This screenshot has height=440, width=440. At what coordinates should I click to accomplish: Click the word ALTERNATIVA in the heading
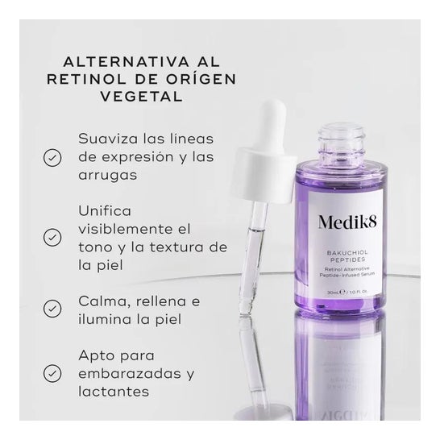coord(127,62)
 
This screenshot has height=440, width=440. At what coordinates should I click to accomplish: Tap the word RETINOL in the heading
coord(87,80)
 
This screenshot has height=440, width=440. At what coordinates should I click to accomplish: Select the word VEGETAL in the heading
coord(142,97)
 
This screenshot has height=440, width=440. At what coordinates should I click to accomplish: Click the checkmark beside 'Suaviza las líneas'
coord(52,158)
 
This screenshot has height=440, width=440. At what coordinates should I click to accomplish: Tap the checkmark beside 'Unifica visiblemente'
coord(52,238)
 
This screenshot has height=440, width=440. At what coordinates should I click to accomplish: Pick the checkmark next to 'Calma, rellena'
coord(52,309)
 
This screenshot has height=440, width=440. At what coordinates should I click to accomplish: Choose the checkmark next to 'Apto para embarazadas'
coord(52,373)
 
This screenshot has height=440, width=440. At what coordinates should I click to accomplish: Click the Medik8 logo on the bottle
coord(347,222)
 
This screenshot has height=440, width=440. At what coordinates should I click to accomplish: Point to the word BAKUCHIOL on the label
coord(347,253)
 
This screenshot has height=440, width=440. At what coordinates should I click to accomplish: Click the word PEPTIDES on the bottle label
coord(347,259)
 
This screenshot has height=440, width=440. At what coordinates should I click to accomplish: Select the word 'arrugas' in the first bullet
coord(108,176)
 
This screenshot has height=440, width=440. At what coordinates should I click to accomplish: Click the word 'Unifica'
coord(105,211)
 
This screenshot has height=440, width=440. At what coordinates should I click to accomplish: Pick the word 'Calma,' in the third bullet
coord(105,302)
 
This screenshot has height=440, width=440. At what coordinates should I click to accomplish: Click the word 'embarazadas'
coord(130,373)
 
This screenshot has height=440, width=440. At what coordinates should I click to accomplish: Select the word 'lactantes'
coord(114,392)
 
